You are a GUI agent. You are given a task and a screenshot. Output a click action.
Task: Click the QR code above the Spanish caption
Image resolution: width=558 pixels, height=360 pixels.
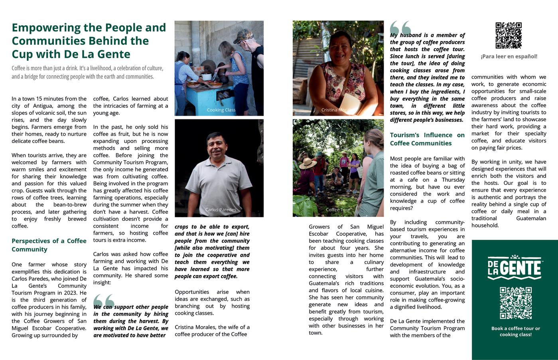(x=508, y=35)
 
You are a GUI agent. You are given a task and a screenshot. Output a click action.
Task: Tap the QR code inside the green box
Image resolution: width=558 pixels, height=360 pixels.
(x=515, y=303)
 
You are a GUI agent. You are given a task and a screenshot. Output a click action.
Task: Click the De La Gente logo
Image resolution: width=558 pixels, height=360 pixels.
(x=515, y=267)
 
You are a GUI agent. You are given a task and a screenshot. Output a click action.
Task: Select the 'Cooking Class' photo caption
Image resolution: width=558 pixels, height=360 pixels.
(x=221, y=110)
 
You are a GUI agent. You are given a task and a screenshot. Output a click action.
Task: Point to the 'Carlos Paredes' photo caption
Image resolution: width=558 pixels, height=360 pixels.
(x=221, y=210)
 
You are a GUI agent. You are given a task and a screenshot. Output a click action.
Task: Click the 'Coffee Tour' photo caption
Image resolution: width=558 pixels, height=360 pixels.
(x=338, y=210)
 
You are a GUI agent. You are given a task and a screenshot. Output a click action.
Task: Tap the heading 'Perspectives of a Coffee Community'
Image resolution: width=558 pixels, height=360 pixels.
(x=49, y=245)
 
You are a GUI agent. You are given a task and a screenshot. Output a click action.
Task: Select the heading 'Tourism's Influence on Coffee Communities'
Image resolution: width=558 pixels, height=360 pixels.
(x=427, y=139)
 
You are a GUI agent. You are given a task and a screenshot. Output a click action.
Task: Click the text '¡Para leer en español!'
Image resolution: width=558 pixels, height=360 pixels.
(x=509, y=56)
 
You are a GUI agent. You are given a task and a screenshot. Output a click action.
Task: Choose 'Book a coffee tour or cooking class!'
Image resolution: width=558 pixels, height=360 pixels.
(x=515, y=331)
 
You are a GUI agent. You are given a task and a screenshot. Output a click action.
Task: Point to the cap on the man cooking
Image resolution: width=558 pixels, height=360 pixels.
(x=243, y=36)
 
